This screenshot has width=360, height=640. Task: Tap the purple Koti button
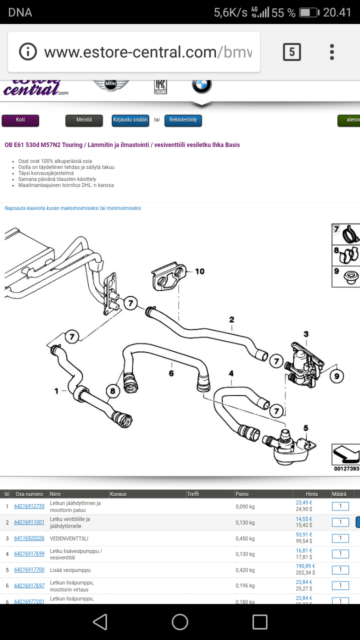point(20,120)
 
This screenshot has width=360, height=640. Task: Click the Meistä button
point(84,120)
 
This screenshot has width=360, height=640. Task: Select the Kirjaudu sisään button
point(130,120)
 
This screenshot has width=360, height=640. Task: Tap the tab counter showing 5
point(292,51)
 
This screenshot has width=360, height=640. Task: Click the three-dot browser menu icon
point(332,51)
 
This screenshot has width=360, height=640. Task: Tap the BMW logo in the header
point(202,85)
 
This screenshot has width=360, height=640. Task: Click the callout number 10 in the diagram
point(200,271)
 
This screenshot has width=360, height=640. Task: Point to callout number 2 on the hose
point(232,319)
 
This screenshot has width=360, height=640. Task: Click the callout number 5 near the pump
point(305,428)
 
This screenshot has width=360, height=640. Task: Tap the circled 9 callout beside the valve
point(337,375)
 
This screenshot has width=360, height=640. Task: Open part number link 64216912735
point(29,506)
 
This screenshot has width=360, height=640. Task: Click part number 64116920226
point(29,538)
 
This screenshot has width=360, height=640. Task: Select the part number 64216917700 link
point(29,570)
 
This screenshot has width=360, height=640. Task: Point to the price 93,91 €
point(304,534)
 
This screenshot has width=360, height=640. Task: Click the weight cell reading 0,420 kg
point(245,570)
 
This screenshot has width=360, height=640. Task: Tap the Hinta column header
point(312,494)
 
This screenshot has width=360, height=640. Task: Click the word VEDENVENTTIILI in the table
point(69,538)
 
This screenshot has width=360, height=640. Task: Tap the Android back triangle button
point(100,622)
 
